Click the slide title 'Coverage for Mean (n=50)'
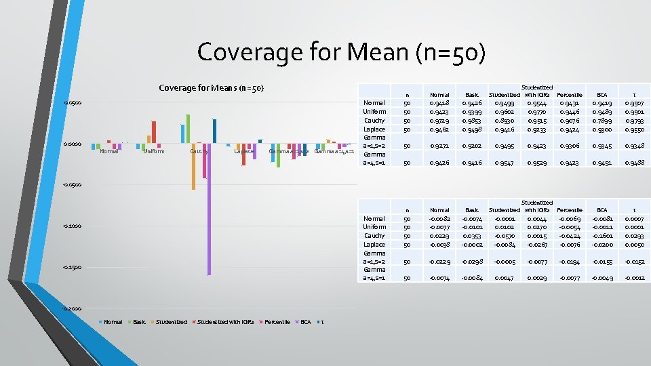click(x=341, y=52)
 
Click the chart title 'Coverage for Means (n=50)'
click(x=210, y=87)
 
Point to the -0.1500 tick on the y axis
click(x=71, y=267)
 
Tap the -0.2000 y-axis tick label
click(x=71, y=308)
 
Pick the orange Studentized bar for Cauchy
click(x=193, y=166)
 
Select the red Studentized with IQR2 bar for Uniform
click(x=154, y=132)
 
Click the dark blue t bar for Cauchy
click(x=214, y=131)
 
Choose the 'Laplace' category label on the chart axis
click(x=244, y=151)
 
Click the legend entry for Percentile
click(x=277, y=322)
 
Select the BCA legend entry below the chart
click(x=306, y=322)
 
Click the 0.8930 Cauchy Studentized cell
click(x=505, y=120)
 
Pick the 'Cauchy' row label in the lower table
click(x=375, y=236)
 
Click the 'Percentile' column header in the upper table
click(x=569, y=94)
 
